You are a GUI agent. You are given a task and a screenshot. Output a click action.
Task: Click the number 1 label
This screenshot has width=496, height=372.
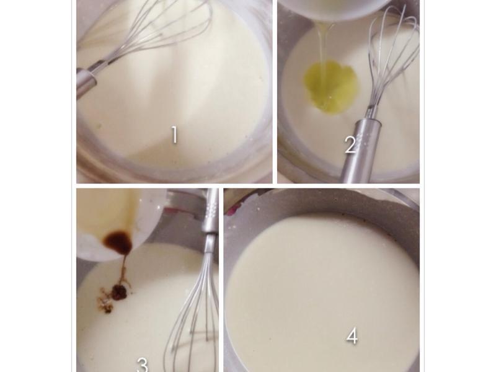(174, 135)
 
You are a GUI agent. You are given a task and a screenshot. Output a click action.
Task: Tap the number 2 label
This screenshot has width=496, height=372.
(350, 145)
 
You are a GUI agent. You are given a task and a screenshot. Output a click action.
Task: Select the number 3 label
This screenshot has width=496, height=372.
(143, 365)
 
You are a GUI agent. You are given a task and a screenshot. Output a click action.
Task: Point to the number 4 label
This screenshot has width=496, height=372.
(352, 336)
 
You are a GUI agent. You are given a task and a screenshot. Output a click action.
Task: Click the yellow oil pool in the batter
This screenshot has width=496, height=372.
(330, 86)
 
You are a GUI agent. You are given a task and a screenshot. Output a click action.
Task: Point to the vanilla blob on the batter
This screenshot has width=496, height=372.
(119, 292)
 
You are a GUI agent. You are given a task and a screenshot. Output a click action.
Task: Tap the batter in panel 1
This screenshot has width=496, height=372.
(177, 95)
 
